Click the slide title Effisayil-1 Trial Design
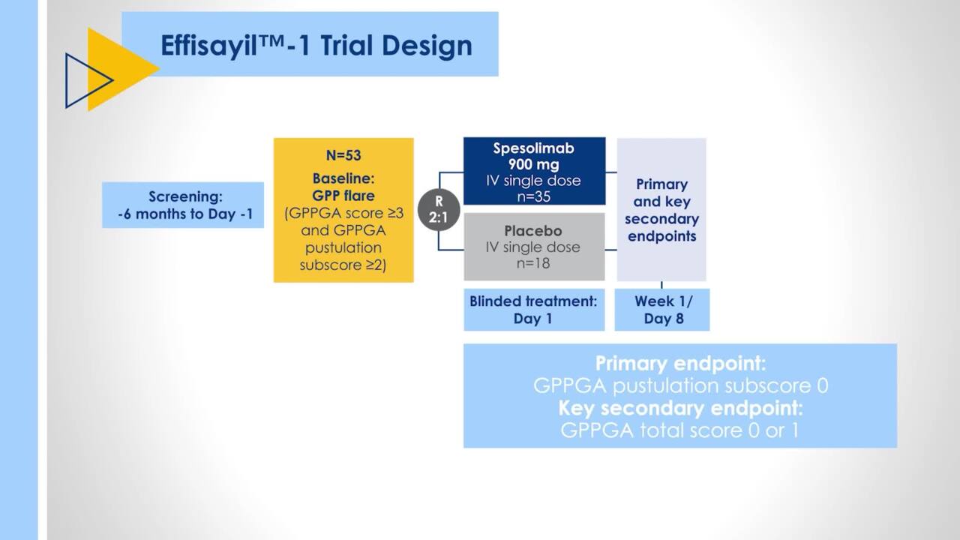tap(316, 46)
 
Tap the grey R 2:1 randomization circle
tap(439, 211)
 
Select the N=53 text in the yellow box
tap(343, 156)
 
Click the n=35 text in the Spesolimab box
tap(533, 196)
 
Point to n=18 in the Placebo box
tap(533, 263)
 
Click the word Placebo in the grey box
tap(533, 230)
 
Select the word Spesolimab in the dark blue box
tap(533, 148)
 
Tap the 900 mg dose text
tap(533, 164)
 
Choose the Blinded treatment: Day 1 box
tap(533, 310)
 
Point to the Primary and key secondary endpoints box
tap(661, 210)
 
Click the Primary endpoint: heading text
tap(680, 364)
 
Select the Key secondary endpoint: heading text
tap(680, 409)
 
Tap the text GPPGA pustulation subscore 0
tap(680, 386)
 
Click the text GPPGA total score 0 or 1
tap(680, 431)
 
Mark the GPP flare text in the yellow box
tap(343, 196)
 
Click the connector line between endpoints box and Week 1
tap(661, 285)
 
